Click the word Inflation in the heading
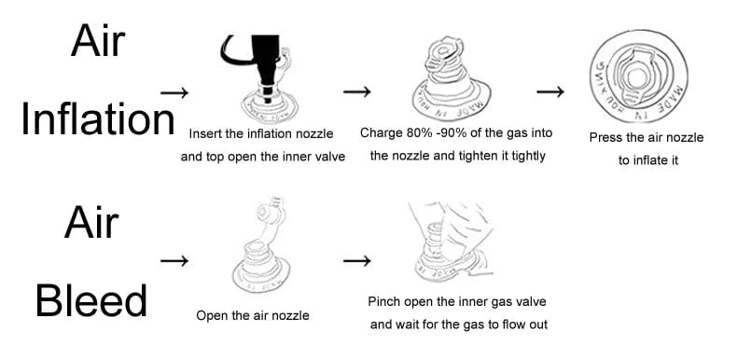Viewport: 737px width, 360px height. coord(98,119)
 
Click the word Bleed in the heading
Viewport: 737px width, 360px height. coord(91,301)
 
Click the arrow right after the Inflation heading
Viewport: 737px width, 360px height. coord(174,92)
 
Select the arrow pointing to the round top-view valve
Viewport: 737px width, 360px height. coord(550,91)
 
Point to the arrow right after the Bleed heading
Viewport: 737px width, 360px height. coord(174,261)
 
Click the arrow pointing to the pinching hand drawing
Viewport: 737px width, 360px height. coord(357,261)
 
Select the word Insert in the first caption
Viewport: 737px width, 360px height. coord(202,134)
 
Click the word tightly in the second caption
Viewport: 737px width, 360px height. coord(528,156)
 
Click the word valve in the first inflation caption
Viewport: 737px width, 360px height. coord(331,157)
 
